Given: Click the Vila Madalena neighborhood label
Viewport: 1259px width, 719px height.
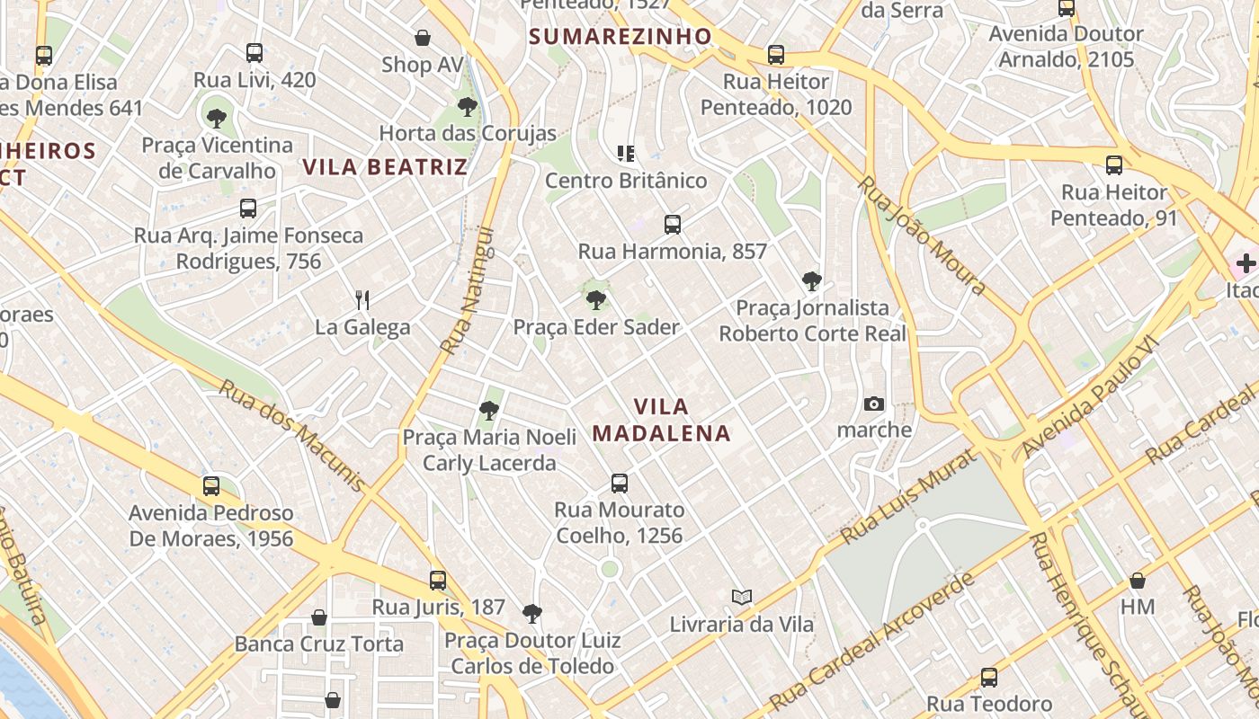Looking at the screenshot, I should coord(661,420).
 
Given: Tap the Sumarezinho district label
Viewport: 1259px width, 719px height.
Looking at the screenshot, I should coord(620,37).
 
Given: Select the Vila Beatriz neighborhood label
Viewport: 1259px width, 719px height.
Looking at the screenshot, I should coord(385,166).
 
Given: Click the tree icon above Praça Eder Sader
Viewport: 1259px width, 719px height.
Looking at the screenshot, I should coord(595,300).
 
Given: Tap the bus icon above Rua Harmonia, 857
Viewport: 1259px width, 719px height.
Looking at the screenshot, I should coord(673,225).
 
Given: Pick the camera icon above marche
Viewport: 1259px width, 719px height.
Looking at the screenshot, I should coord(874,404).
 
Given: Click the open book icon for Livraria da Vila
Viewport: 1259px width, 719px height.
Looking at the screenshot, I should coord(742,597).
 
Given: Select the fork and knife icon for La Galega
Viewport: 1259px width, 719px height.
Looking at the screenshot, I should coord(362,299).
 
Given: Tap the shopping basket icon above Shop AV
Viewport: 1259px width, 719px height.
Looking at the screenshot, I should coord(423,38).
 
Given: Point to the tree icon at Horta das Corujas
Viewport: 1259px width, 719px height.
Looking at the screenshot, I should coord(467,107).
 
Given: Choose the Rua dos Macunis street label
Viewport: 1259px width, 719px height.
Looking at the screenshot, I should coord(292,436).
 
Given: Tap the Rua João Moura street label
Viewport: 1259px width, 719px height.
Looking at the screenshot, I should coord(923,235).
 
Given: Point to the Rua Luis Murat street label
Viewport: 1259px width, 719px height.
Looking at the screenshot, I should coord(908,498).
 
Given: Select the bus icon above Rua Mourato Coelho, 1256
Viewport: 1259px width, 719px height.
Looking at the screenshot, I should coord(620,484).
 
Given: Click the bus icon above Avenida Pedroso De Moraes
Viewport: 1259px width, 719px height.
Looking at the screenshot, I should coord(211,486).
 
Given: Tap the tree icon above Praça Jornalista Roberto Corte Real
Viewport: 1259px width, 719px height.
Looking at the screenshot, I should coord(812,281).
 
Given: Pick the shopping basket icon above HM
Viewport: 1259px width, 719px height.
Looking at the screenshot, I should coord(1138,581).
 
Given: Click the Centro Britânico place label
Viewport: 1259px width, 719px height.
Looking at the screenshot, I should coord(626,181).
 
